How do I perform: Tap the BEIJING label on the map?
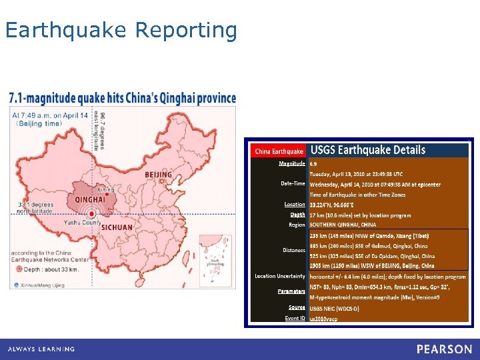[158, 175]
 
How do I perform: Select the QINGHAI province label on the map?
[91, 199]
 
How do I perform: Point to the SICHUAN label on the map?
[117, 227]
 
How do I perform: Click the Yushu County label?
[83, 223]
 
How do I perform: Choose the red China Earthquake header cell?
[279, 151]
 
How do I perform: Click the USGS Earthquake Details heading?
[368, 150]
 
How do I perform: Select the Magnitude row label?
[292, 163]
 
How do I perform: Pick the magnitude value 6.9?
[313, 163]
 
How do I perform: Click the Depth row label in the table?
[297, 215]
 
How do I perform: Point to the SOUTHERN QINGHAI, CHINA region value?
[343, 225]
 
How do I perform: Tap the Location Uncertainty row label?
[280, 276]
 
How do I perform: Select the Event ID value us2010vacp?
[323, 318]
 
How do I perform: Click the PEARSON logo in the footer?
[444, 349]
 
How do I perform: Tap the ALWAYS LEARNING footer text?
[41, 349]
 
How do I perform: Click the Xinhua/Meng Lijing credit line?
[45, 284]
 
